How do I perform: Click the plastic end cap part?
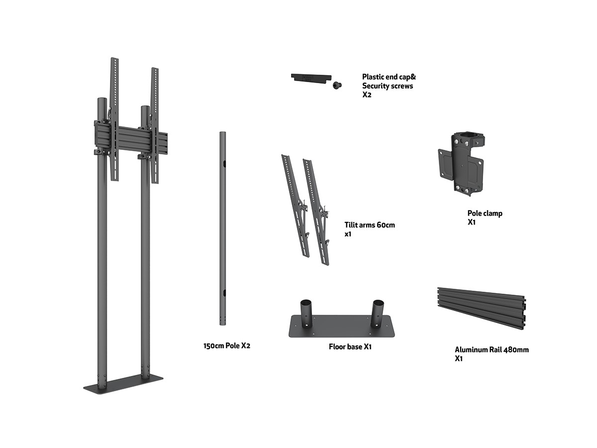click(x=310, y=78)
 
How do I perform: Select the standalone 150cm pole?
click(x=223, y=229)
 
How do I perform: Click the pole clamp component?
click(x=461, y=162)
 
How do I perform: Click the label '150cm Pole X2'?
click(x=226, y=345)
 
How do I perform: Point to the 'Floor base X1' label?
click(x=350, y=346)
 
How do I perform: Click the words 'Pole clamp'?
click(x=485, y=214)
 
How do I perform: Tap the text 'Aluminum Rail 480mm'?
click(x=492, y=349)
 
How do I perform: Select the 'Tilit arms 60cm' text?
click(x=370, y=225)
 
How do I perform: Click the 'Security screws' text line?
click(x=388, y=86)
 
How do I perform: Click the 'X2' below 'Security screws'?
click(x=367, y=94)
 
